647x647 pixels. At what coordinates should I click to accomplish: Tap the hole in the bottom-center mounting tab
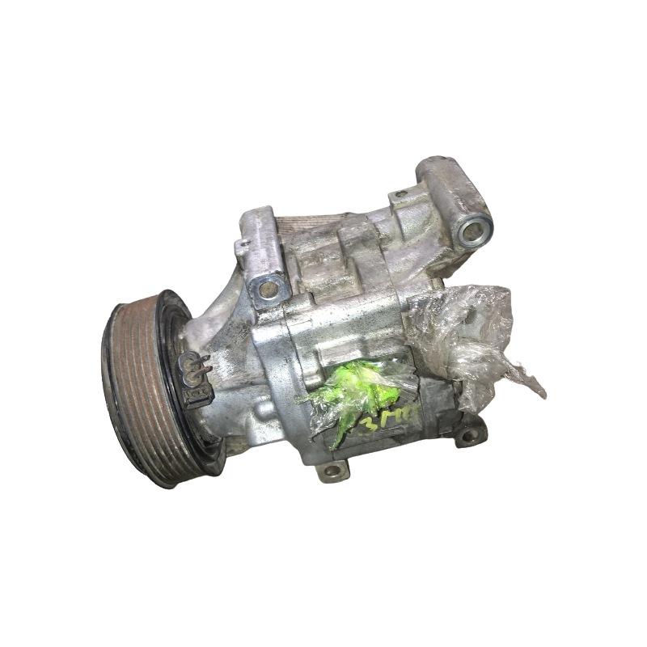click(331, 471)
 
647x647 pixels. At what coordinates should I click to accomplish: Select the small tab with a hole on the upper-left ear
click(241, 244)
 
